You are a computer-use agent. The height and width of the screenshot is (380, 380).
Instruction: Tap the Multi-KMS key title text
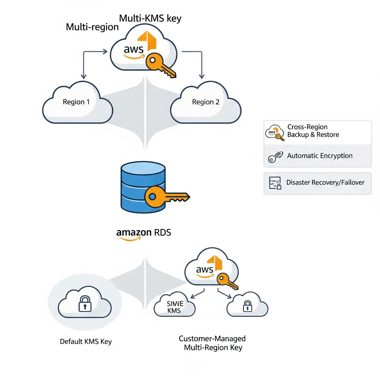click(x=150, y=18)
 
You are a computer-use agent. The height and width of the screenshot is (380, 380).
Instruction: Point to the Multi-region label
click(x=92, y=27)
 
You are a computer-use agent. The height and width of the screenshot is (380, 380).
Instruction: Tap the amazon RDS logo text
click(x=144, y=233)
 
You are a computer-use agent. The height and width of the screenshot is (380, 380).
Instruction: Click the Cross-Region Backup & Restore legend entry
click(x=317, y=131)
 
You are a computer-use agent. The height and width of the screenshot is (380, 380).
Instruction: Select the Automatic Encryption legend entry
click(x=317, y=156)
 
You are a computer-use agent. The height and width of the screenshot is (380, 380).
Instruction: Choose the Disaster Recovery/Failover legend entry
click(x=317, y=183)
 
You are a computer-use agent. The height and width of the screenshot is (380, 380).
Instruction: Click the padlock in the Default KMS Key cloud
click(x=85, y=304)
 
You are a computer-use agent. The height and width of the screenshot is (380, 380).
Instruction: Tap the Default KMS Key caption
click(x=86, y=341)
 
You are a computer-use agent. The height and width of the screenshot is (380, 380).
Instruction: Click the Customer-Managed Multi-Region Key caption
click(x=213, y=343)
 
